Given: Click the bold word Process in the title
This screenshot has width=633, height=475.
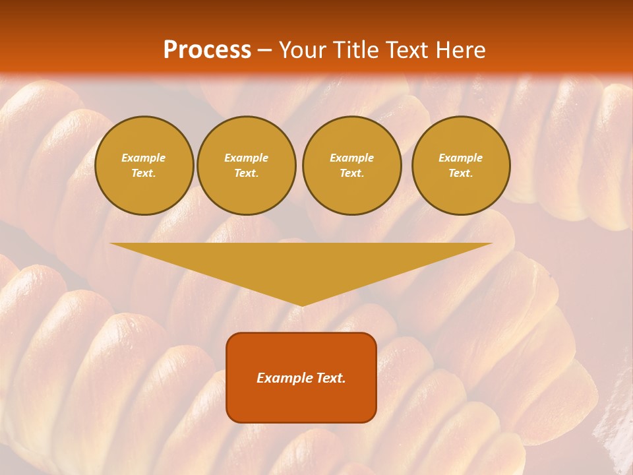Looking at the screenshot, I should pyautogui.click(x=207, y=50).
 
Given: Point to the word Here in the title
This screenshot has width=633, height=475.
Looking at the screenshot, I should pyautogui.click(x=461, y=50).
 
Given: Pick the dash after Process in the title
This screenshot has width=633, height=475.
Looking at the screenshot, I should pyautogui.click(x=264, y=51).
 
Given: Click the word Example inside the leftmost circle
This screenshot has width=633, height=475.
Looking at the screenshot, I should pyautogui.click(x=144, y=158).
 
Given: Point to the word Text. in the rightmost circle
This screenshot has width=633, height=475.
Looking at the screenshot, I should pyautogui.click(x=461, y=173).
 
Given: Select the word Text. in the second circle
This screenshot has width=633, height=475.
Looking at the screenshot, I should pyautogui.click(x=246, y=173).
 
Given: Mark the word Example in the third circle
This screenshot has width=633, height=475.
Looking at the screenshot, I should pyautogui.click(x=351, y=158).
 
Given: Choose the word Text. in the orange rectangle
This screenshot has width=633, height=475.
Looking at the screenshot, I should pyautogui.click(x=329, y=378).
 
